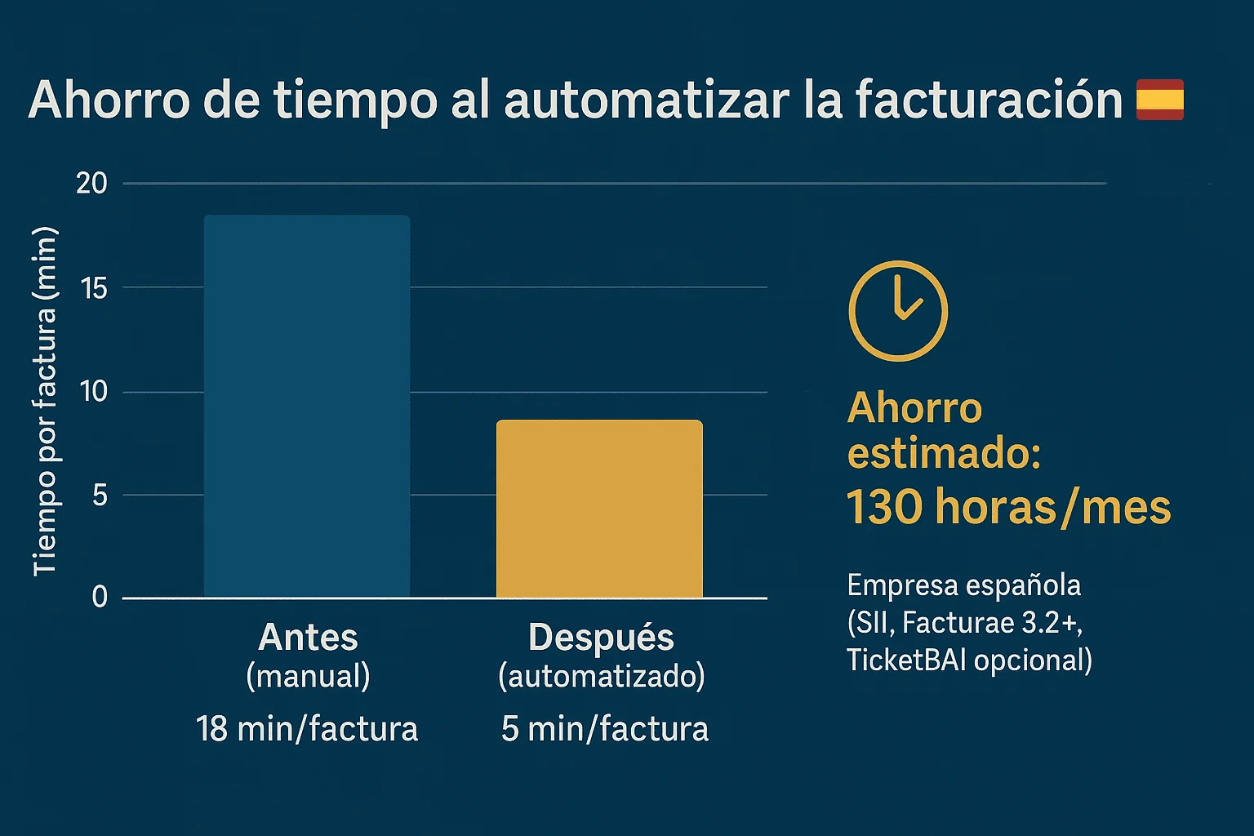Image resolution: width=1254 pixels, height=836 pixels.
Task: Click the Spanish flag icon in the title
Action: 1160,100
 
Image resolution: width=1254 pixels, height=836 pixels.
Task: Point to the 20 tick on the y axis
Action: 91,184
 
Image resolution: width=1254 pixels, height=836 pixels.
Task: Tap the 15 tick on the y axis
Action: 94,287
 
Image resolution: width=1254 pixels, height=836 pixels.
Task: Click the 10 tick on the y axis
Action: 93,392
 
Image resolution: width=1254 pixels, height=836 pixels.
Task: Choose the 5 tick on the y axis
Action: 100,495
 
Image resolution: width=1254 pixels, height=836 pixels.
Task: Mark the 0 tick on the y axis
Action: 100,598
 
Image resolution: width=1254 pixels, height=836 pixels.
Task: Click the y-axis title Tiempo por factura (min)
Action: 45,402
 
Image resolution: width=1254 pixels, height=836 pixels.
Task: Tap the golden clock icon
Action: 898,311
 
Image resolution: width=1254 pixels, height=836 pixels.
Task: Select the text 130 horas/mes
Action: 1008,507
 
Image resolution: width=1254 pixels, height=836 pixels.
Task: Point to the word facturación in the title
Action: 989,100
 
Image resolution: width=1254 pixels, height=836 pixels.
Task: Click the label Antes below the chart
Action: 308,638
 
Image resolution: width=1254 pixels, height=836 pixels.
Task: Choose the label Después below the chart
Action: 601,638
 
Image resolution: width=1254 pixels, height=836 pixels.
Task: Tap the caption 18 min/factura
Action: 307,728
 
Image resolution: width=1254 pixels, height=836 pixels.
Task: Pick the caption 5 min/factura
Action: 604,728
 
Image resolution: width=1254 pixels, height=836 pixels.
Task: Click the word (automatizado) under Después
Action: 602,676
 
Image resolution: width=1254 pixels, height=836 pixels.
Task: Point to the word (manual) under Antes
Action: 308,676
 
